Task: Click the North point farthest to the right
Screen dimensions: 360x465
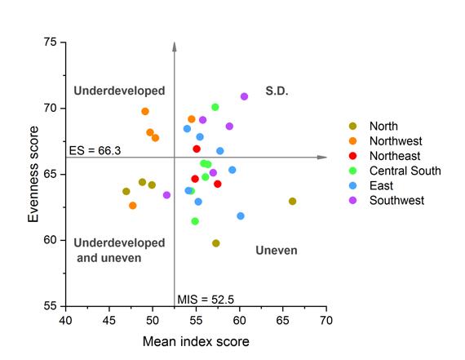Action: tap(292, 202)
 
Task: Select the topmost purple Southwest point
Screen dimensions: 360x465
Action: tap(244, 96)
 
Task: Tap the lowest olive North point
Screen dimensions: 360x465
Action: tap(215, 243)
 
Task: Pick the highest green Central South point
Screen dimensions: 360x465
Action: tap(215, 107)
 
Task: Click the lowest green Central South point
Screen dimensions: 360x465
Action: tap(195, 221)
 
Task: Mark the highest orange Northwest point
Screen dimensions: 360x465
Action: tap(145, 111)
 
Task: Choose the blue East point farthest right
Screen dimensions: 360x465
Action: tap(241, 216)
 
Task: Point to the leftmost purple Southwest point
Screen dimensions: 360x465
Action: tap(166, 195)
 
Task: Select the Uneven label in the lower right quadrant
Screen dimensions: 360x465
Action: tap(276, 250)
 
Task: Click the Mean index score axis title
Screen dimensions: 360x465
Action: tap(196, 341)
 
